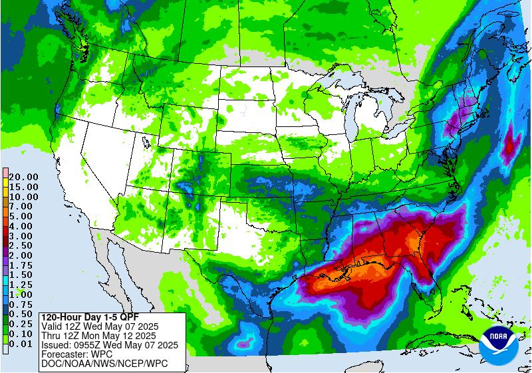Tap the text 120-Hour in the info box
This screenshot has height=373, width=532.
61,316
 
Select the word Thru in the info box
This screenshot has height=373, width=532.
52,335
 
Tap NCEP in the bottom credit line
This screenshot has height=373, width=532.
127,364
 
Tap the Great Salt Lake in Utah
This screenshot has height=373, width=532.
144,141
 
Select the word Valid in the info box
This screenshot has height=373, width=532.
53,326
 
